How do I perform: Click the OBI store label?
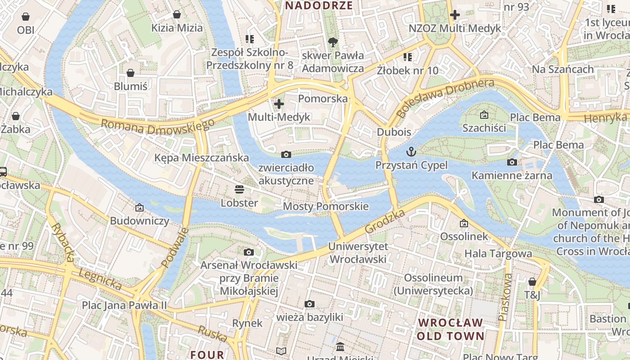point(26,30)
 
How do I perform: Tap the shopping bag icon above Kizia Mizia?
point(177,15)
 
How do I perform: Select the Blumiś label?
point(130,86)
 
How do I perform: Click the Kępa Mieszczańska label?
point(201,158)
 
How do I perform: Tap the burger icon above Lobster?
point(239,189)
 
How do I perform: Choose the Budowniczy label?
point(139,221)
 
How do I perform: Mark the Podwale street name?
point(175,247)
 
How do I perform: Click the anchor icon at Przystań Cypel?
point(411,152)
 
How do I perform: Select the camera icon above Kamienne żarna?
point(512,162)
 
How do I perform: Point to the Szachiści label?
point(484,128)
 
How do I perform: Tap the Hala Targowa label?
point(498,253)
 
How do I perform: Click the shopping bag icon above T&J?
point(532,282)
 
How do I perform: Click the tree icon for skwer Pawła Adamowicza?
point(333,42)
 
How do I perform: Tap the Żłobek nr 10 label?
point(407,71)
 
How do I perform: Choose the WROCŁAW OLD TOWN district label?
point(450,329)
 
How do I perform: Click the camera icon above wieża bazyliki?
point(309,304)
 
